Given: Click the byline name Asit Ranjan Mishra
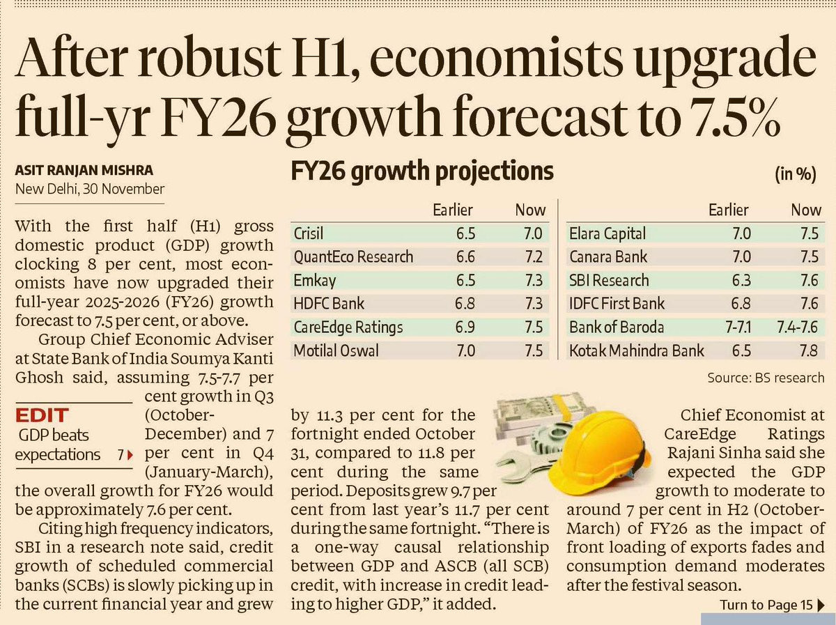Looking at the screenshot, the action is click(84, 170).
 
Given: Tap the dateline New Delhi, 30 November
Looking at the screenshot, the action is click(89, 189).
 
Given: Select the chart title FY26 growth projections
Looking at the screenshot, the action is click(422, 172).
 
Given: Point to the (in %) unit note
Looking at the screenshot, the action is click(796, 174).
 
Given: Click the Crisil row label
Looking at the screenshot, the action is click(308, 233).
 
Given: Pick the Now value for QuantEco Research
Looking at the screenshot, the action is click(533, 256).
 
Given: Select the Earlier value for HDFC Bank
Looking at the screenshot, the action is click(465, 304).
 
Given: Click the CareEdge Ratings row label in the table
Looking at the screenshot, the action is click(348, 327).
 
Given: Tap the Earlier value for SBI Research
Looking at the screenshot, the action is click(741, 280).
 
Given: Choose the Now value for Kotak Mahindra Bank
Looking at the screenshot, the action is click(808, 350).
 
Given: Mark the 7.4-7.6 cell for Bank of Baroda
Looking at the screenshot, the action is click(797, 327).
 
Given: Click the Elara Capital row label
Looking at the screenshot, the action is click(607, 233).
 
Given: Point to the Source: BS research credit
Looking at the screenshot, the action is click(766, 378).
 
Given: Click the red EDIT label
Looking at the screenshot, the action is click(42, 415).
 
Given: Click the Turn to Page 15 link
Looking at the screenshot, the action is click(772, 605).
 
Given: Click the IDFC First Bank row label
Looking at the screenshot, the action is click(617, 304).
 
